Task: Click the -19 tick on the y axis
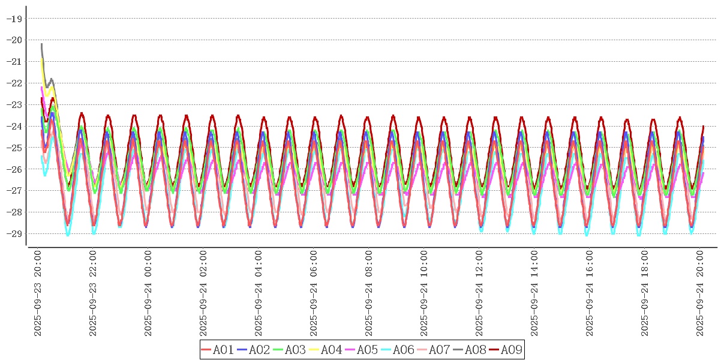[14, 19]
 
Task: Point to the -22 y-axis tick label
[14, 83]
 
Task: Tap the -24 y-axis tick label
[14, 126]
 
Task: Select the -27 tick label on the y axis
[14, 191]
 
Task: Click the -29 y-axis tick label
[14, 233]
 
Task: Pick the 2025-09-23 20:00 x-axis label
[38, 294]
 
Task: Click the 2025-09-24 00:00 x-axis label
[148, 294]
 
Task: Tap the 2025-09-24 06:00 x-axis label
[314, 294]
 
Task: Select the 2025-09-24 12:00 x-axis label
[479, 294]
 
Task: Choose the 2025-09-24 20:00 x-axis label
[700, 294]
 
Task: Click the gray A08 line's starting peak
[41, 44]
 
